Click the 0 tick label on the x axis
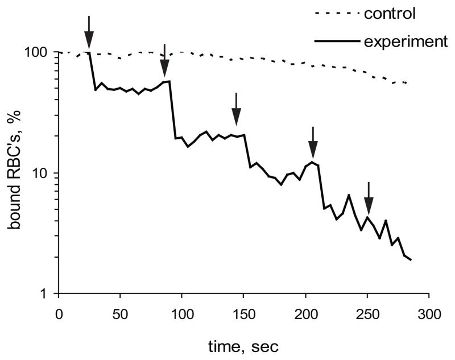[58, 314]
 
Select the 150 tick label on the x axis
[243, 314]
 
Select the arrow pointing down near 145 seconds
[237, 109]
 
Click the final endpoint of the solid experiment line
[411, 260]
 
